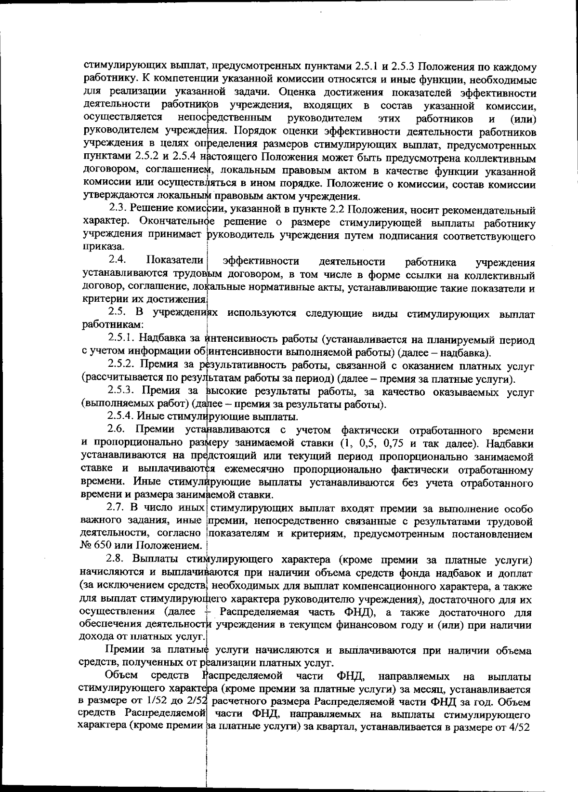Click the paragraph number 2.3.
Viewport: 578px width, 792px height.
tap(118, 210)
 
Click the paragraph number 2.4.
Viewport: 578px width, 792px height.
tap(118, 261)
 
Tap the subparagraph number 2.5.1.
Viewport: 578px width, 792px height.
tap(124, 340)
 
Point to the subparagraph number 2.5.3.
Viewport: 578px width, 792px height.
tap(124, 392)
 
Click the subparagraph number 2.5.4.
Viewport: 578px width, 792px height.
tap(124, 417)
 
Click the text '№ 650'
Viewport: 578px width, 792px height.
tap(92, 546)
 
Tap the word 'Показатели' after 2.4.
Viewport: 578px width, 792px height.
tap(175, 261)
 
